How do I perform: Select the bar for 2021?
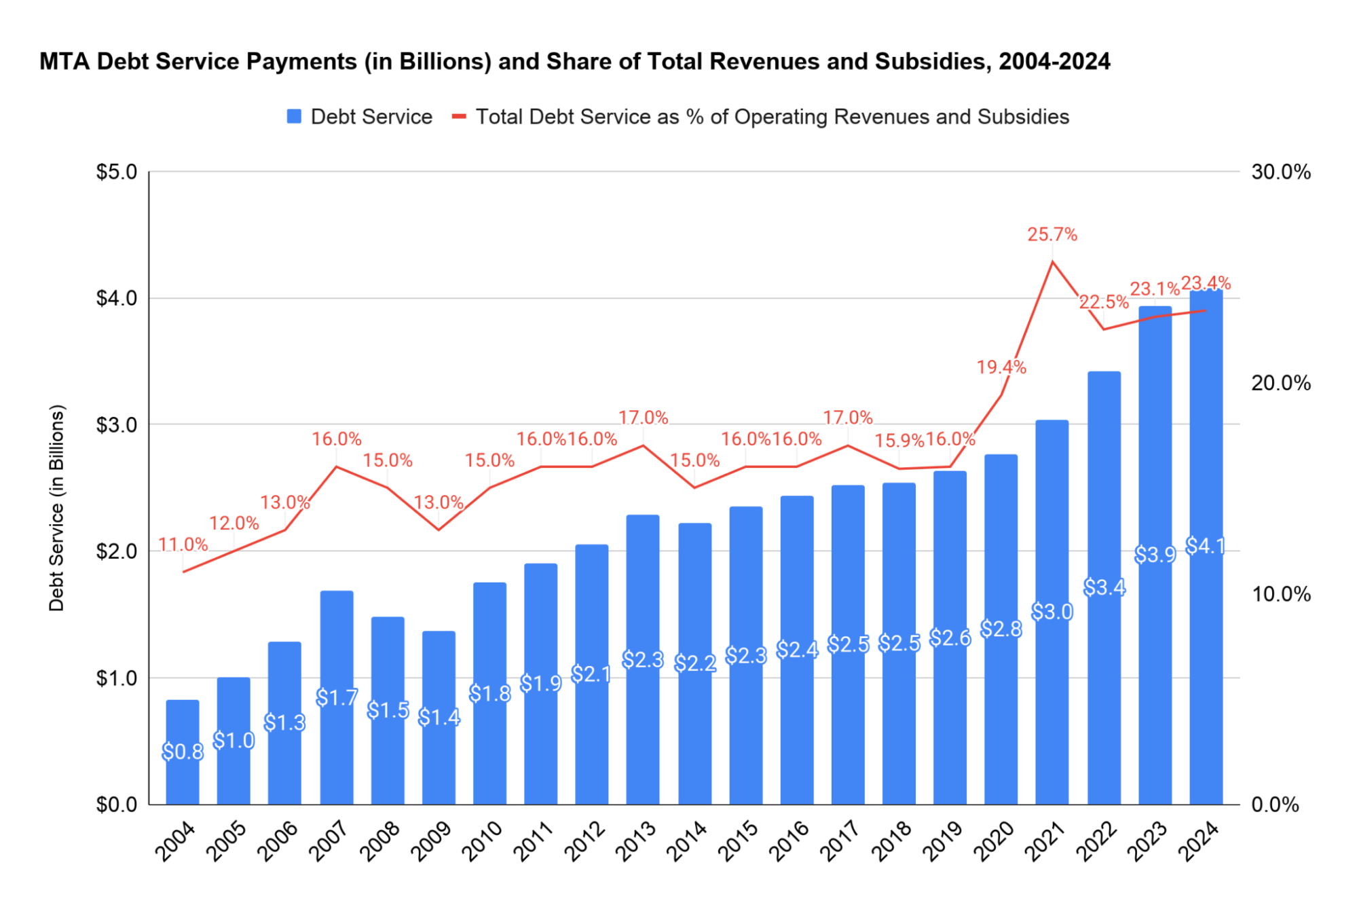(1052, 611)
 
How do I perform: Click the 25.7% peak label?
(1052, 234)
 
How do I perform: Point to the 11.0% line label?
(183, 545)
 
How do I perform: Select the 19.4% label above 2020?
(1001, 367)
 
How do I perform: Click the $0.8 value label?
(183, 752)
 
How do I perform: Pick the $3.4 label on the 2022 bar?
(1104, 587)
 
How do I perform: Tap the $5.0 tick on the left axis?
(117, 172)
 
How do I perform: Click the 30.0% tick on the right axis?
(1280, 172)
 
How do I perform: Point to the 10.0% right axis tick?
(1280, 594)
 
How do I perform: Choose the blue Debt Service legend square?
(294, 117)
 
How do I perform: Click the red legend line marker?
(459, 117)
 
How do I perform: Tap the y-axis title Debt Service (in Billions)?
(57, 508)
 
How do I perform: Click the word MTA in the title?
(64, 62)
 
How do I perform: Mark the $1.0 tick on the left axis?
(117, 678)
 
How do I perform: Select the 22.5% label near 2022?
(1103, 302)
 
